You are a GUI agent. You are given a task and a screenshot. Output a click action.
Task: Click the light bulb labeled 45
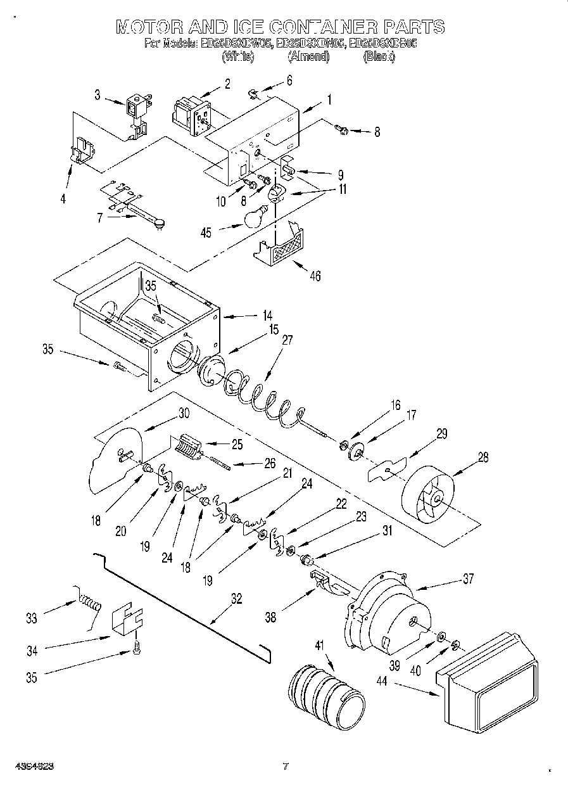(x=254, y=217)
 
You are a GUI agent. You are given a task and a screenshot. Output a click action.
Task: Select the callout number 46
(x=315, y=275)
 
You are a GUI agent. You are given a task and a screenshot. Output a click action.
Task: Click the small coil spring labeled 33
(x=90, y=599)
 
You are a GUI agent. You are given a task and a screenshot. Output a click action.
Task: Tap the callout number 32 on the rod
(x=236, y=599)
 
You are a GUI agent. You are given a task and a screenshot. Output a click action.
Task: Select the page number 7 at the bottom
(x=286, y=767)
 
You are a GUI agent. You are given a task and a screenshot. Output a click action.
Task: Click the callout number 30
(x=184, y=412)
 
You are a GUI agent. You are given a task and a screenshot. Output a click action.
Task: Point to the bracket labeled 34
(x=127, y=618)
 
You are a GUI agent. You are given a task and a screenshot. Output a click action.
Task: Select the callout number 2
(x=227, y=82)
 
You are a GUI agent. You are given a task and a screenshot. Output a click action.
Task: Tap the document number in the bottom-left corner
(x=30, y=766)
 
